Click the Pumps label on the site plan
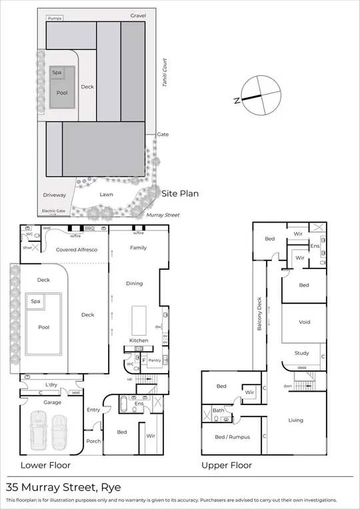(55, 18)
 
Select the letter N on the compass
(237, 101)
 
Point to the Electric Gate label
(54, 211)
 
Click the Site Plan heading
(180, 194)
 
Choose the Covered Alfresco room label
(77, 249)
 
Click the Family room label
(139, 248)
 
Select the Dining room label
(135, 283)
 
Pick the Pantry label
(154, 360)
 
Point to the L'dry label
(51, 386)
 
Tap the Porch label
(93, 440)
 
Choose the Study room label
(302, 353)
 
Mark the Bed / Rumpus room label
(229, 437)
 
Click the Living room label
(295, 420)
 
